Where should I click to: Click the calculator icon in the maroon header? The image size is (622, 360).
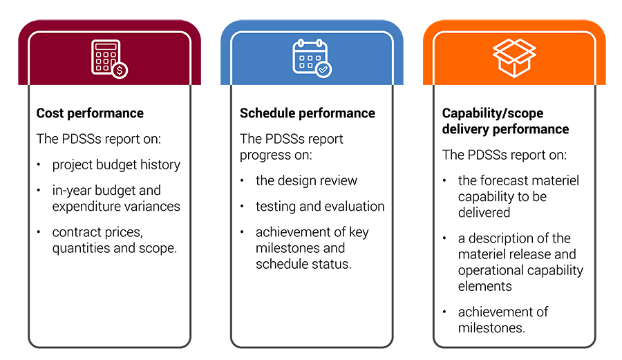click(x=109, y=58)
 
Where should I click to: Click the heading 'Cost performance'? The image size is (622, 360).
click(x=90, y=113)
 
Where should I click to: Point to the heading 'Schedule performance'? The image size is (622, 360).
click(x=307, y=113)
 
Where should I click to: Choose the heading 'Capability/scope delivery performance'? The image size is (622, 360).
click(x=505, y=121)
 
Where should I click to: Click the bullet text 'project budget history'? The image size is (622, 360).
click(x=116, y=164)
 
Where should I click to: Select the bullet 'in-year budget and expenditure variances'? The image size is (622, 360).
click(x=116, y=198)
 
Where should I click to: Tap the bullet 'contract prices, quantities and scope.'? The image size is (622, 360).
click(x=115, y=240)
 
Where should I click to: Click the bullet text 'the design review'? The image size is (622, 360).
click(x=306, y=181)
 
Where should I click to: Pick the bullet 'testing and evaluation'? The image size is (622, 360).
click(x=320, y=207)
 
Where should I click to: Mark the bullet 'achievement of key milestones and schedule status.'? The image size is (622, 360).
click(x=312, y=248)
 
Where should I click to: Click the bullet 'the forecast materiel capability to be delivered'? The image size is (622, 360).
click(x=518, y=196)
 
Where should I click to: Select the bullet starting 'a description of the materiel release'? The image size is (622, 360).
click(x=520, y=262)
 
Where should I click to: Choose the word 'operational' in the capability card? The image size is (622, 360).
click(x=490, y=270)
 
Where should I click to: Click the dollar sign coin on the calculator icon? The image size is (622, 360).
click(x=121, y=70)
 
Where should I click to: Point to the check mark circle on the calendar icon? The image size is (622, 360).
click(x=323, y=69)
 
